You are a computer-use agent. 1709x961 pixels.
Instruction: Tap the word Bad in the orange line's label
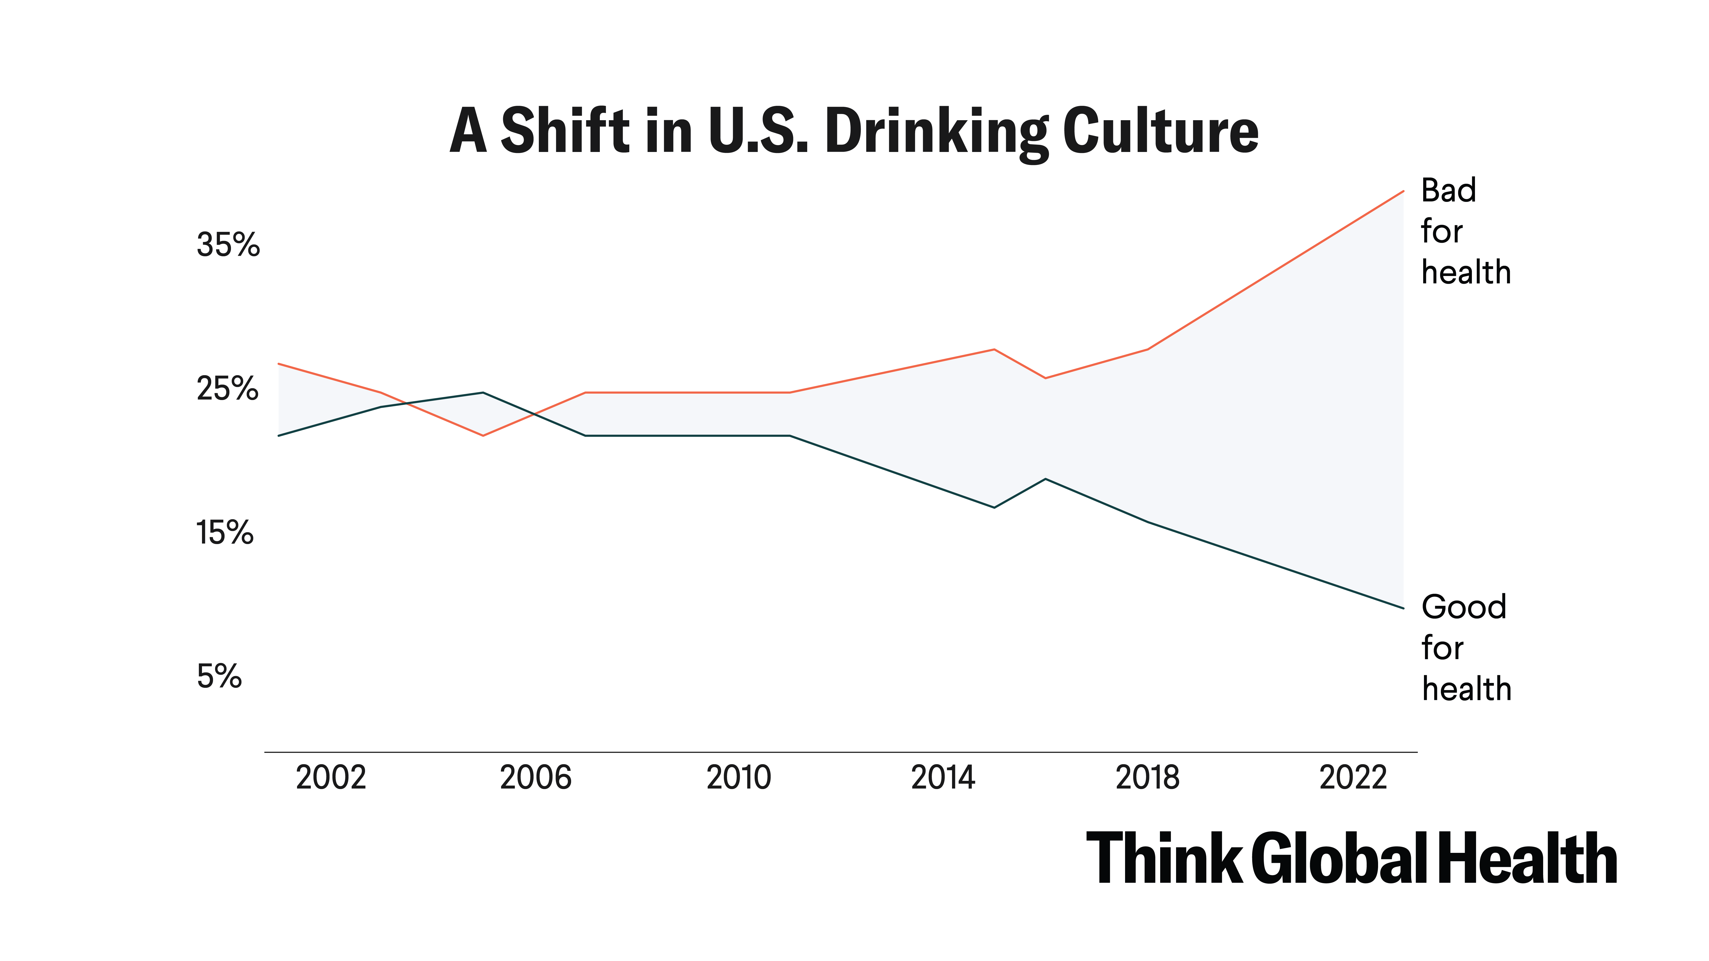point(1448,191)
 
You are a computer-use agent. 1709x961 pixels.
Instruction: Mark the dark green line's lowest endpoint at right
point(1403,608)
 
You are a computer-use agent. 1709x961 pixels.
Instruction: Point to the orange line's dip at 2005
point(483,436)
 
